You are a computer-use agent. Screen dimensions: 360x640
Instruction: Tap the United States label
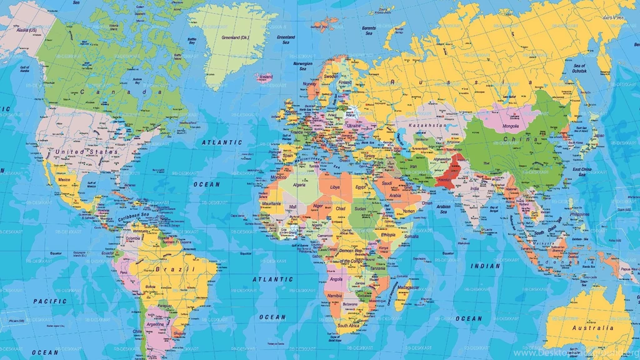pos(86,152)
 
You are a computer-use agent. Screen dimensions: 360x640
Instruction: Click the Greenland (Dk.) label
pos(236,37)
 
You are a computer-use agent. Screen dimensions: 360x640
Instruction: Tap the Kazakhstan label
pos(428,126)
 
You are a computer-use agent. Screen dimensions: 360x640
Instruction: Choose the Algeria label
pos(300,184)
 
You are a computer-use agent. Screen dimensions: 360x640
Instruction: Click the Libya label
pos(336,187)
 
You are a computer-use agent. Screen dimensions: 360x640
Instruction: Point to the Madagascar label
pos(408,287)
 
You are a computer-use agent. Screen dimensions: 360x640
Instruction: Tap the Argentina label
pos(154,325)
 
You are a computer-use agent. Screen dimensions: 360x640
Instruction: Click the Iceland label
pos(266,77)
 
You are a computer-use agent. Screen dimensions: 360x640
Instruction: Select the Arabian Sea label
pos(443,209)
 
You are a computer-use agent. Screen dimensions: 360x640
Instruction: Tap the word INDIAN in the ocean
pos(485,266)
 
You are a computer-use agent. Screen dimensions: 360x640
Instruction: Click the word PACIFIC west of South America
pos(50,301)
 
